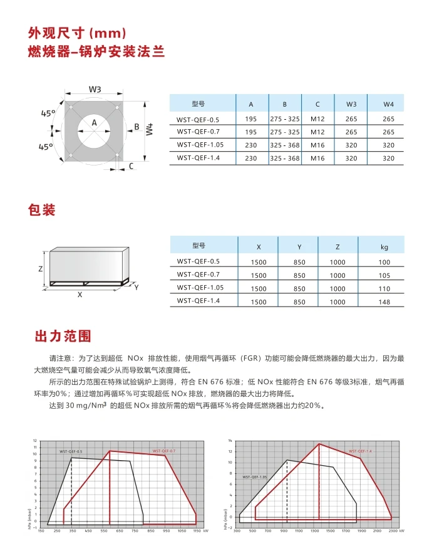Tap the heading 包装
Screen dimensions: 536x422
tap(42, 209)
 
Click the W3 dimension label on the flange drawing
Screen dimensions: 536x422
tap(95, 90)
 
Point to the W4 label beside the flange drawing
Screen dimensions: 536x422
tap(149, 130)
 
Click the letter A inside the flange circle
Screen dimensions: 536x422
tap(94, 123)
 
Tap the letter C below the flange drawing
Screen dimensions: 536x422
tap(131, 166)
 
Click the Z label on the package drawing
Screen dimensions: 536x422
tap(41, 268)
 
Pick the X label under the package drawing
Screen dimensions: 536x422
tap(80, 294)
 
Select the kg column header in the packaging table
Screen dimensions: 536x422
tap(384, 247)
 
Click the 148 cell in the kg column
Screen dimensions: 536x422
tap(384, 302)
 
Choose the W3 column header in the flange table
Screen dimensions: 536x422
tap(351, 104)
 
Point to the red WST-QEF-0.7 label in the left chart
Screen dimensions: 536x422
tap(164, 451)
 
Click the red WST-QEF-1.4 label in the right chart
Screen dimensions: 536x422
tap(360, 451)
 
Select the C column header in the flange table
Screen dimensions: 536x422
tap(317, 104)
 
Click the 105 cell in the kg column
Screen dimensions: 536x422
tap(384, 275)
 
